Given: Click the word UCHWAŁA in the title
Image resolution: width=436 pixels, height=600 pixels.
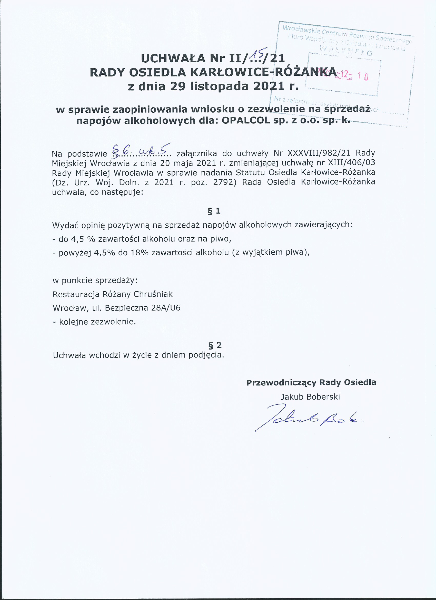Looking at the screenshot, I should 173,58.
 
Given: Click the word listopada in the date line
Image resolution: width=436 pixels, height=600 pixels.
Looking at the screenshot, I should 220,86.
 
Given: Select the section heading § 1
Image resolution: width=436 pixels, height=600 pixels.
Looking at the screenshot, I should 214,211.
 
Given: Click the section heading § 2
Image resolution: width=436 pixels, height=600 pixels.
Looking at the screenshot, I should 215,345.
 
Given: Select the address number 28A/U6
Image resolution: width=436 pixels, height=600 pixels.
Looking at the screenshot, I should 166,308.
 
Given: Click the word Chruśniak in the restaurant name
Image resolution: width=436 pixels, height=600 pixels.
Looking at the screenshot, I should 153,294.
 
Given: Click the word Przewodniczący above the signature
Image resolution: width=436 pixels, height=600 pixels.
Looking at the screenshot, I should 281,382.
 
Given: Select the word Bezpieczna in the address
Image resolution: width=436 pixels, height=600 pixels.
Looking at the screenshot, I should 126,308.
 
